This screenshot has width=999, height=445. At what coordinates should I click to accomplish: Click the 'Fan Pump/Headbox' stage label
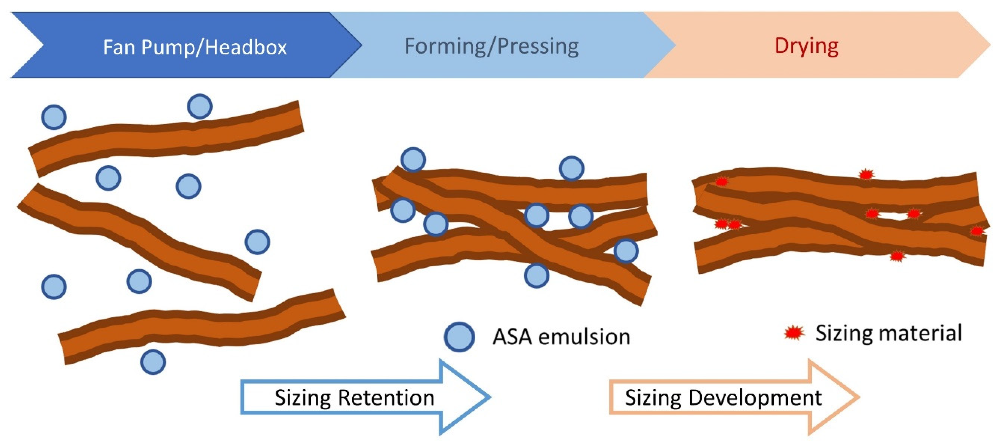point(195,47)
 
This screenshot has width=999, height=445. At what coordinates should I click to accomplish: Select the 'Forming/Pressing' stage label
point(491,47)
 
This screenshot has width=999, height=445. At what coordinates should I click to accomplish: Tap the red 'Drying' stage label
point(806,46)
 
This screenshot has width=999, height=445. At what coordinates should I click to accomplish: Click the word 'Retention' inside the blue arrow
point(386,398)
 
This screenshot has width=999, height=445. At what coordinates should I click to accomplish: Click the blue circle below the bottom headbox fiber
point(153,362)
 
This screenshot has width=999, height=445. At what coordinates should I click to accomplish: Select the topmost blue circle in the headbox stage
point(200,106)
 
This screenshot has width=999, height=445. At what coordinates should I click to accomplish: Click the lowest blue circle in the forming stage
point(536,275)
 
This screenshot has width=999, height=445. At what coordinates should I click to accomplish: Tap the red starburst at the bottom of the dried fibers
point(897,256)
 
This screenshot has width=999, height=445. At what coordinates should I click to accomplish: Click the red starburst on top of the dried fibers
point(866,174)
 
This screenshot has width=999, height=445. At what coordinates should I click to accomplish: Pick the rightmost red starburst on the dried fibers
point(976,231)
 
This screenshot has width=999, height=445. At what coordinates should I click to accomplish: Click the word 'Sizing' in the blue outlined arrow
point(302,398)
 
